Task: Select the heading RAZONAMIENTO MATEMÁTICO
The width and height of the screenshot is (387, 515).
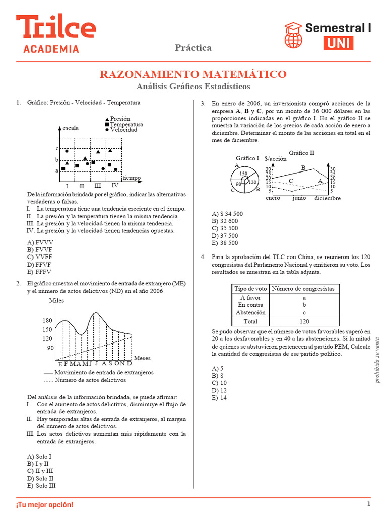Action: (193, 74)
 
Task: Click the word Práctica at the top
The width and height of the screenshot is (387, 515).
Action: (193, 48)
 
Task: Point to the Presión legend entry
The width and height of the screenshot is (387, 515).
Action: (120, 119)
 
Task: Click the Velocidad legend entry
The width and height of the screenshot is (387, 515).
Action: (123, 130)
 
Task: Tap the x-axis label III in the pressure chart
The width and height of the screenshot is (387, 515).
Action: (98, 186)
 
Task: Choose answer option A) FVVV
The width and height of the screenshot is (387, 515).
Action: (40, 242)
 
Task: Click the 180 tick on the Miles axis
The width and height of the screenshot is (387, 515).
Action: (47, 320)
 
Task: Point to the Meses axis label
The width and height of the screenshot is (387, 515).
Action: (143, 358)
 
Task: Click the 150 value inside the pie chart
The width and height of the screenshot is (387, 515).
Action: (243, 174)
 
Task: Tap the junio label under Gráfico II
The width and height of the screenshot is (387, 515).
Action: (299, 198)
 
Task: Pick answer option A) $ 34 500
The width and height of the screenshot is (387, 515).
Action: (227, 213)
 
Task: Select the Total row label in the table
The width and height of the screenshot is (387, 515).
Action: (250, 321)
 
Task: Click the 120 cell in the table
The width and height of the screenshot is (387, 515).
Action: (304, 321)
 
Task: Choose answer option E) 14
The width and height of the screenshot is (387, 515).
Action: (220, 398)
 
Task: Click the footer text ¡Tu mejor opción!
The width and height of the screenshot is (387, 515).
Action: (44, 504)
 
